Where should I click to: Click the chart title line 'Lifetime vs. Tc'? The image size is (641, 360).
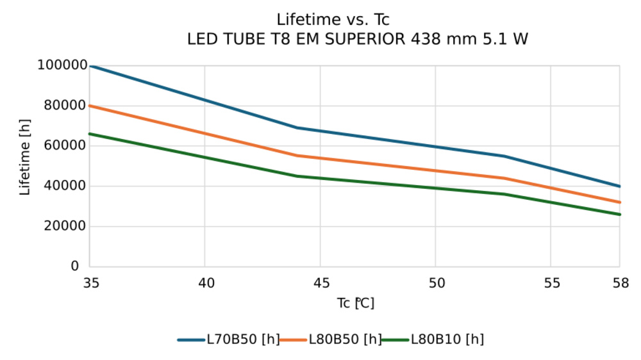pos(333,20)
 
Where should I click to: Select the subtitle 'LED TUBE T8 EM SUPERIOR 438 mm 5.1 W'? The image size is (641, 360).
pos(357,39)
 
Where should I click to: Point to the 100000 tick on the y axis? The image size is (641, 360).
pos(62,65)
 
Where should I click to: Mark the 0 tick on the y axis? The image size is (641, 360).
pos(75,266)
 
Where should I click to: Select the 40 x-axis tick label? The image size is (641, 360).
pos(205,282)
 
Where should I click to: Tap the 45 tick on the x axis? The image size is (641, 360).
pos(320,282)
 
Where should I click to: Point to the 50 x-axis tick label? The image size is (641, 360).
pos(436,282)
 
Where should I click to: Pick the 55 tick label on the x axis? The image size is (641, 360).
pos(551,282)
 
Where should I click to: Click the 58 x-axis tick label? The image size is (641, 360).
pos(620,282)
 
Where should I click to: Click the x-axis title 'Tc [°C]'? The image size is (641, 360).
pos(355,303)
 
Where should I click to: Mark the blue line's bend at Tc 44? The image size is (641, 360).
pos(297,127)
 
